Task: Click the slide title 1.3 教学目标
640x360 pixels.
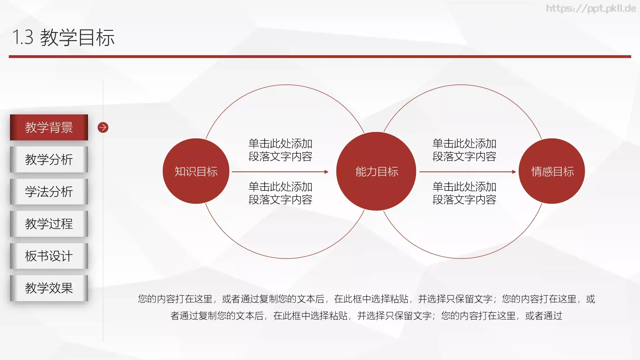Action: pyautogui.click(x=64, y=38)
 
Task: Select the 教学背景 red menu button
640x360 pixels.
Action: pyautogui.click(x=49, y=127)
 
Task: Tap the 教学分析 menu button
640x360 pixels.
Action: pyautogui.click(x=49, y=160)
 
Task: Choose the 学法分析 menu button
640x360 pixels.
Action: pyautogui.click(x=49, y=192)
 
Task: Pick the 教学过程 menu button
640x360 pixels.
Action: pyautogui.click(x=49, y=224)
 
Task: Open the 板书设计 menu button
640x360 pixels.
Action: pyautogui.click(x=49, y=256)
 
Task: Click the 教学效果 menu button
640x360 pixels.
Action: pyautogui.click(x=49, y=288)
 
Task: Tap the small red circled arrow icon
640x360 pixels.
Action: pyautogui.click(x=103, y=127)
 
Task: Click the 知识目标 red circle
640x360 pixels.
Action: pyautogui.click(x=196, y=171)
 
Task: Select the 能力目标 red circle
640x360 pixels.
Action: pyautogui.click(x=376, y=171)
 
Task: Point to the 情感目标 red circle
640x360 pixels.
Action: pyautogui.click(x=552, y=171)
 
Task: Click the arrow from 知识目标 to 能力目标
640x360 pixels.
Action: pyautogui.click(x=280, y=172)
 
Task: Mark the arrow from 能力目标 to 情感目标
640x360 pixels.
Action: pyautogui.click(x=467, y=172)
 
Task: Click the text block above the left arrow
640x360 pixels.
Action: pyautogui.click(x=280, y=150)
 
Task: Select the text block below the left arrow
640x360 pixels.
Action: pyautogui.click(x=280, y=193)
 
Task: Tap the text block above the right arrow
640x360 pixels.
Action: pyautogui.click(x=464, y=150)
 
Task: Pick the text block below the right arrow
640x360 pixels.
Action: pyautogui.click(x=464, y=193)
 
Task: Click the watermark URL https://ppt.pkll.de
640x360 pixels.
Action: pyautogui.click(x=591, y=8)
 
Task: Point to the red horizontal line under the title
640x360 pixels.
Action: pyautogui.click(x=320, y=57)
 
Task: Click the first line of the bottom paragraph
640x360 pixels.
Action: pyautogui.click(x=366, y=299)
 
